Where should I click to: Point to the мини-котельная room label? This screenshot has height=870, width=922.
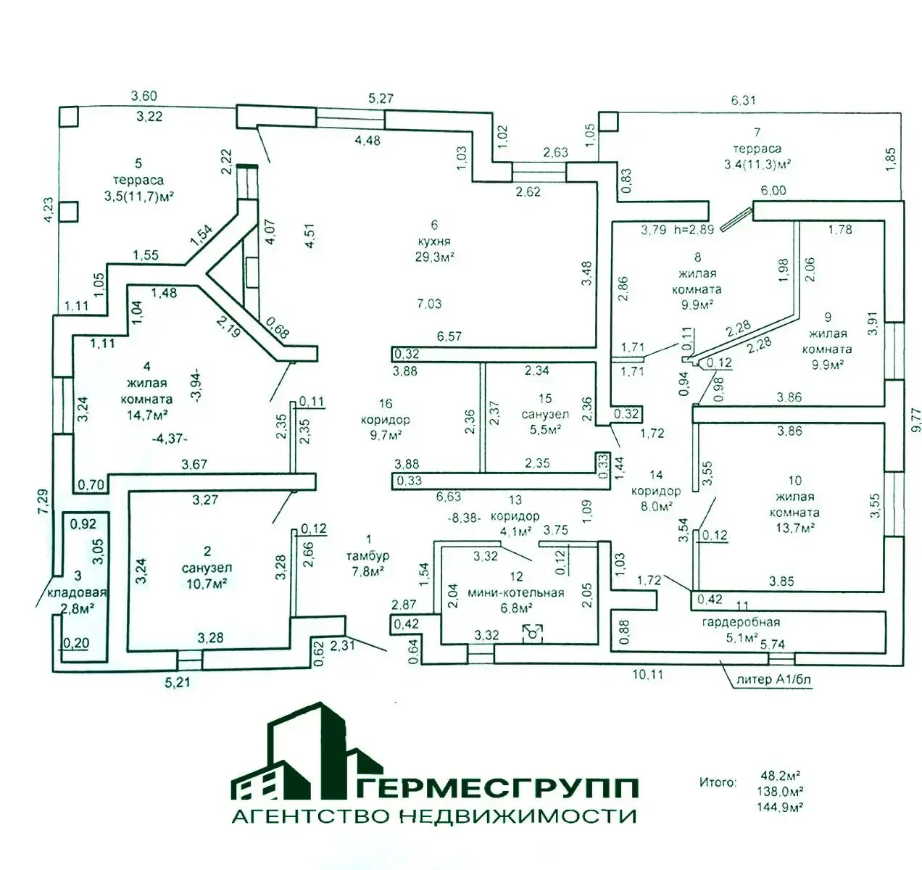click(x=516, y=593)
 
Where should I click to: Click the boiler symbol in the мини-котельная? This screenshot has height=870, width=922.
click(x=533, y=634)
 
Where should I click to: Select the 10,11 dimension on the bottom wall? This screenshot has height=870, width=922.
click(x=648, y=674)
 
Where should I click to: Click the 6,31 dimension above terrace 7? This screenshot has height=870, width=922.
click(x=744, y=101)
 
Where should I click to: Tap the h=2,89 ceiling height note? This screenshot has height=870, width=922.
click(x=694, y=230)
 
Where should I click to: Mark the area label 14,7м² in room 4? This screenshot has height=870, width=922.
click(x=148, y=415)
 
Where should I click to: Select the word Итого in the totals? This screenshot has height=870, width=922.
click(x=718, y=783)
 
